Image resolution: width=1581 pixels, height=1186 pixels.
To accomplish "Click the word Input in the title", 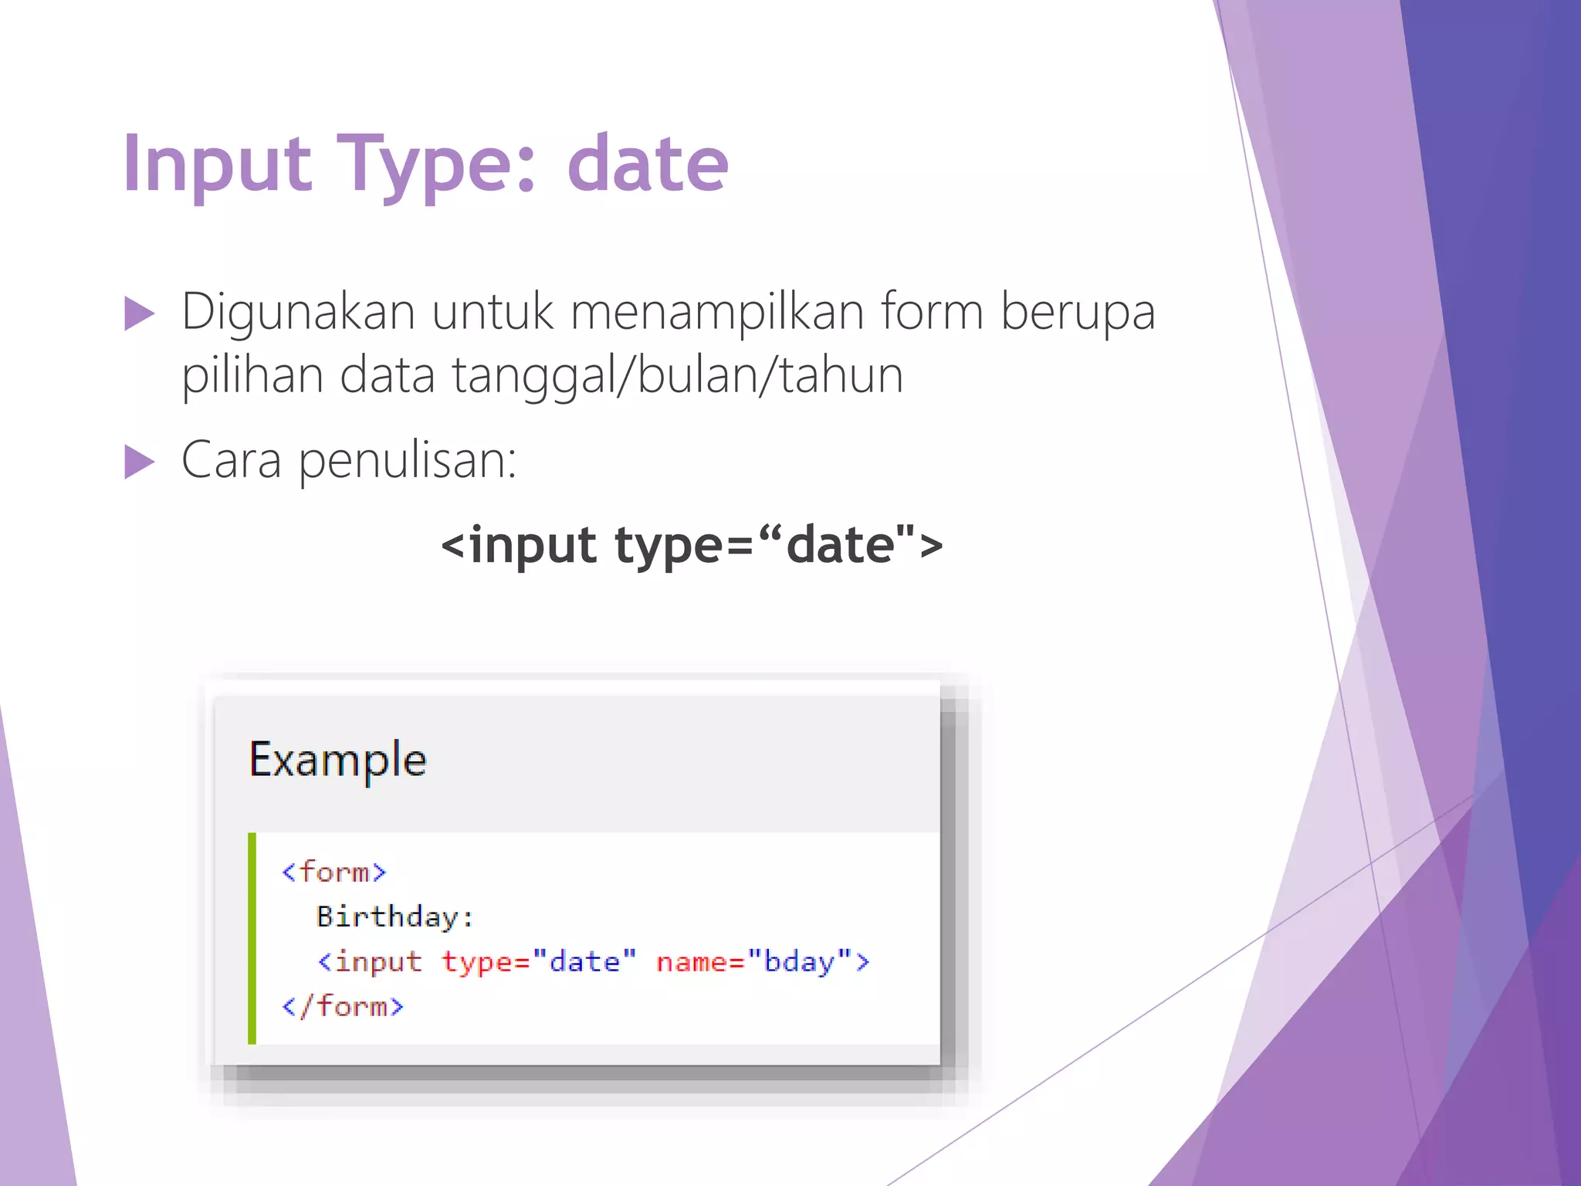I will (217, 164).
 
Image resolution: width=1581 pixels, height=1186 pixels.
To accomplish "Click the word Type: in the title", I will (435, 164).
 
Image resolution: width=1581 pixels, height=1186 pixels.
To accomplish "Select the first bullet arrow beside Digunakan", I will (139, 314).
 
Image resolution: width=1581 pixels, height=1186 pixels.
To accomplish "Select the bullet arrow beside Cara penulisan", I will (139, 463).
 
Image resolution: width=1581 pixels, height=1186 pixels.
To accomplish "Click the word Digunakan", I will (298, 313).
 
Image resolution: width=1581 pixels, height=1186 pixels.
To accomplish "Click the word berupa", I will (1078, 313).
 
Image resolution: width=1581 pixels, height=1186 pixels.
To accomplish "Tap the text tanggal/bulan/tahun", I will (677, 376).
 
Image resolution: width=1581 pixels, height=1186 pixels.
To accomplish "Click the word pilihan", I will (252, 376).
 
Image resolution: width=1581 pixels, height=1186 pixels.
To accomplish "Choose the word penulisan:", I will (407, 461).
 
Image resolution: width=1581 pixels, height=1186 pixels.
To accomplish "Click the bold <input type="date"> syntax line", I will (692, 545).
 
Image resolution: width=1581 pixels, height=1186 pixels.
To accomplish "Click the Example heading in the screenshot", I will (337, 760).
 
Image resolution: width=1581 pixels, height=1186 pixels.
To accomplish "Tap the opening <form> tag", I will (333, 873).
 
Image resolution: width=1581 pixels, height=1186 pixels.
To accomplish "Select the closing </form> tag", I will (343, 1007).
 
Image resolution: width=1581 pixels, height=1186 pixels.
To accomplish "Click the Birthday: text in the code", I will (394, 917).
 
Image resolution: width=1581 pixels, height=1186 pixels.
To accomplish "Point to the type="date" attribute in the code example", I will (539, 962).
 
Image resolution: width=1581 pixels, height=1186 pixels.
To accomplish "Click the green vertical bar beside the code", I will (252, 938).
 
